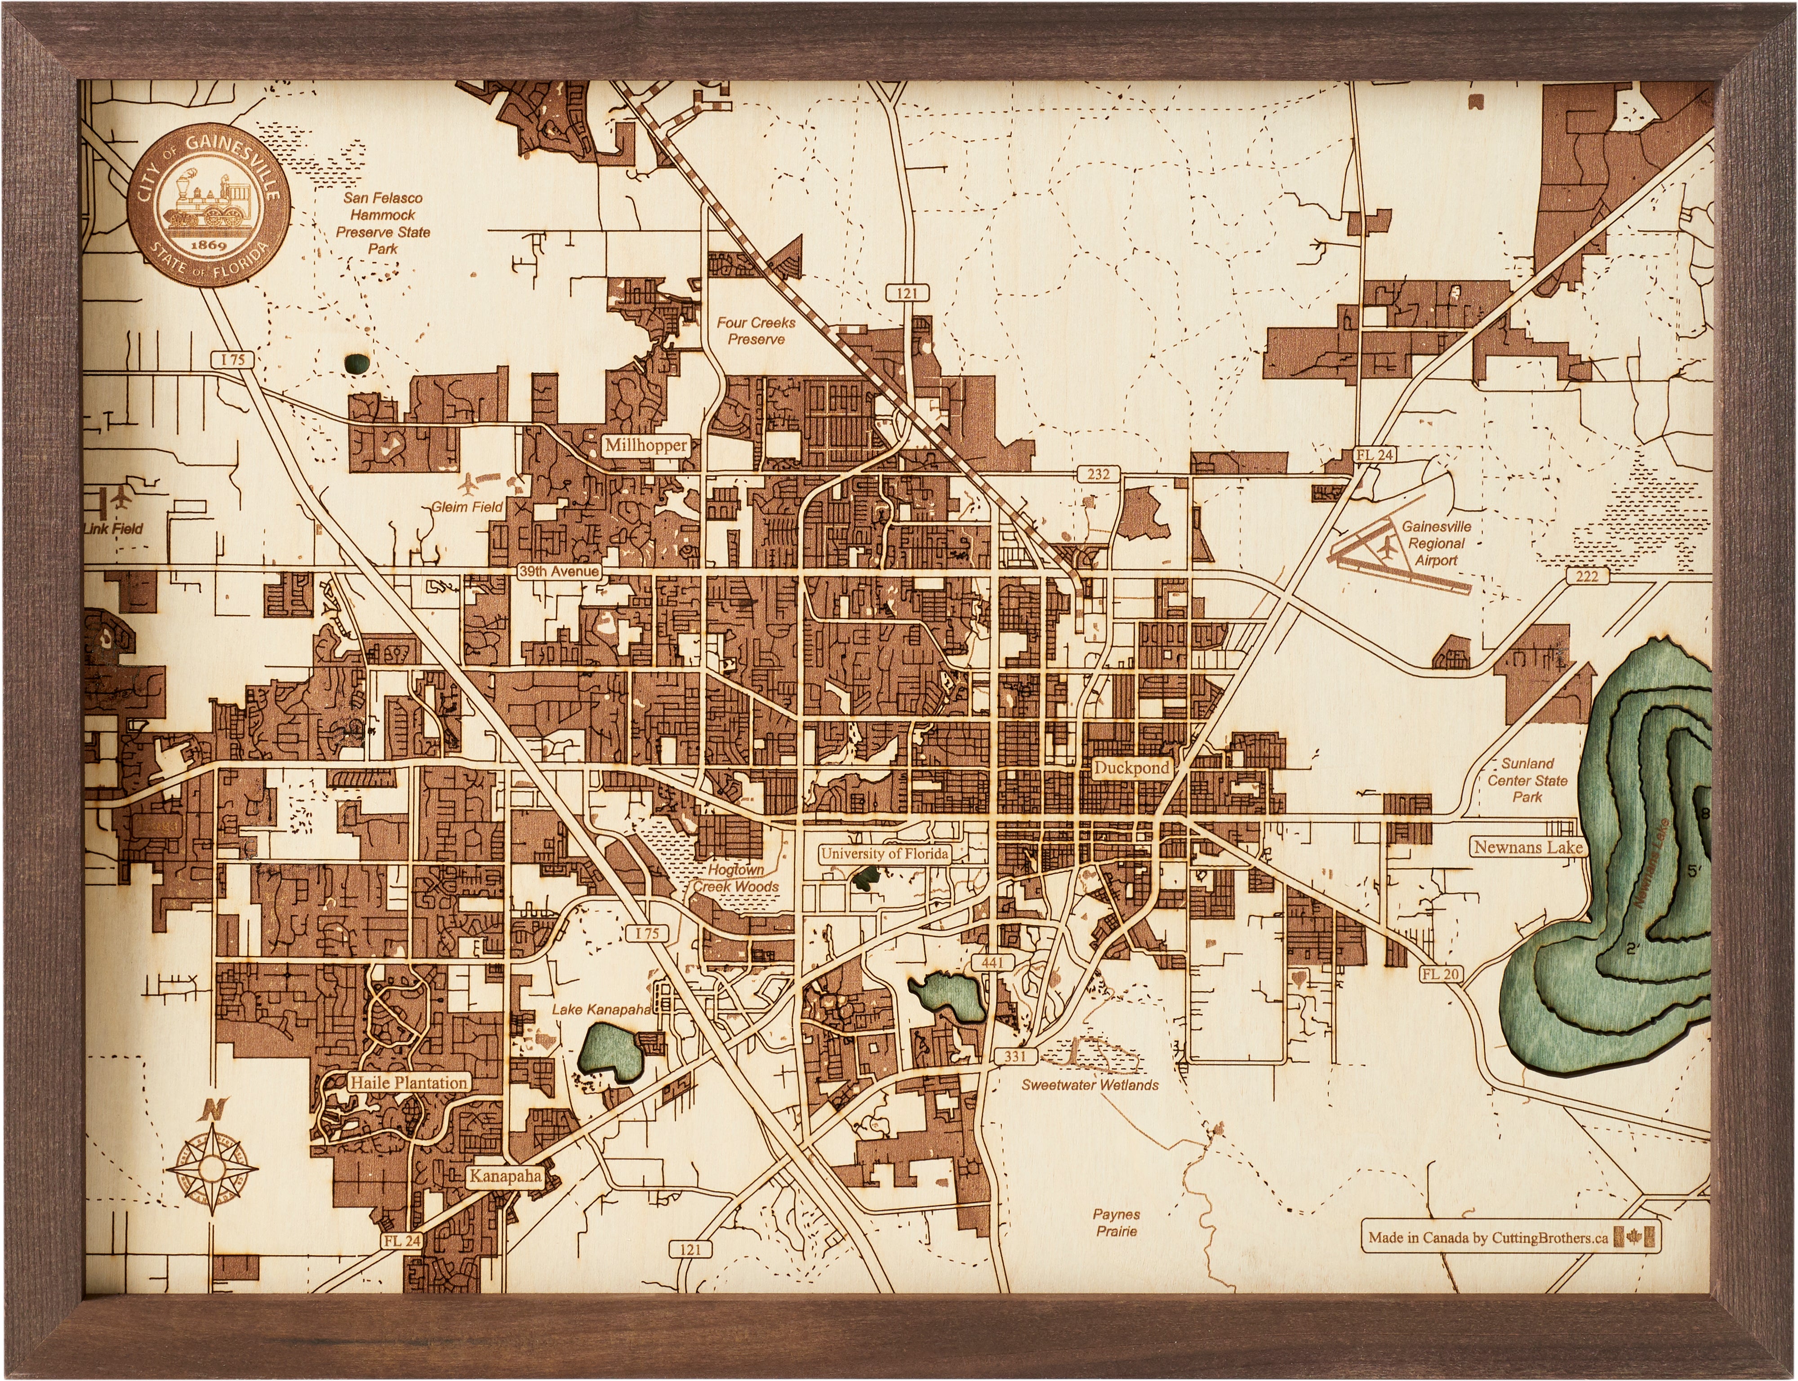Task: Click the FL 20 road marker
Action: point(1440,974)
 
